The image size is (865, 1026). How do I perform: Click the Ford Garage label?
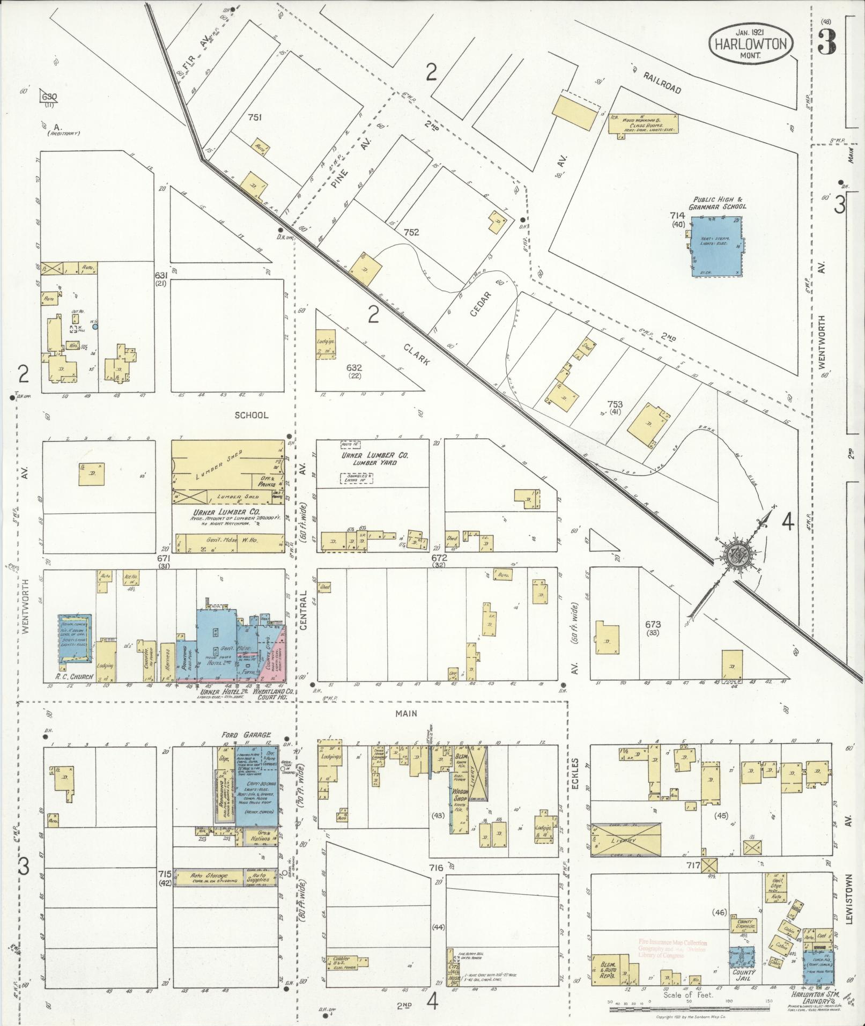point(245,735)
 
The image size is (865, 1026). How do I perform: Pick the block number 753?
point(615,404)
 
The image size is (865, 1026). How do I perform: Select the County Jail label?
point(743,975)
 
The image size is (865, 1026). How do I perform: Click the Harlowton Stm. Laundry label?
point(811,997)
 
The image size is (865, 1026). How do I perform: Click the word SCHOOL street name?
point(251,415)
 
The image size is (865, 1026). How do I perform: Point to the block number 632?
point(354,368)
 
